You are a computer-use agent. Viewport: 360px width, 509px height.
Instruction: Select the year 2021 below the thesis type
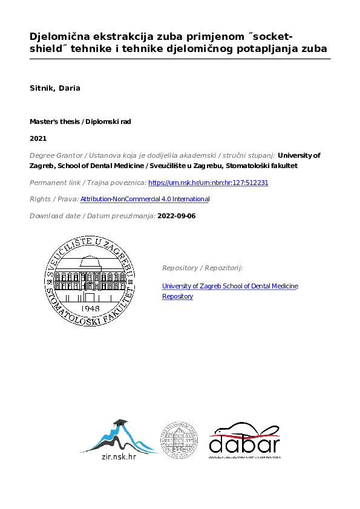pos(38,138)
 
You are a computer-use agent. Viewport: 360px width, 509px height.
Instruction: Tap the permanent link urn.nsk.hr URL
pos(208,183)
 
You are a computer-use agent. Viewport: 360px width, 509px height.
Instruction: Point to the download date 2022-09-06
pos(177,216)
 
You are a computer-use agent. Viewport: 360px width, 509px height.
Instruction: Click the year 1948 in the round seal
pos(89,307)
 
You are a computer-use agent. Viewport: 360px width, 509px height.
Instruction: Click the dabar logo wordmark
pos(244,445)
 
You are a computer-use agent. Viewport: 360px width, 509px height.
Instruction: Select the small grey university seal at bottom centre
pos(178,439)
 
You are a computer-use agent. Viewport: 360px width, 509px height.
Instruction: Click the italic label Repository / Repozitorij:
pos(202,268)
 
